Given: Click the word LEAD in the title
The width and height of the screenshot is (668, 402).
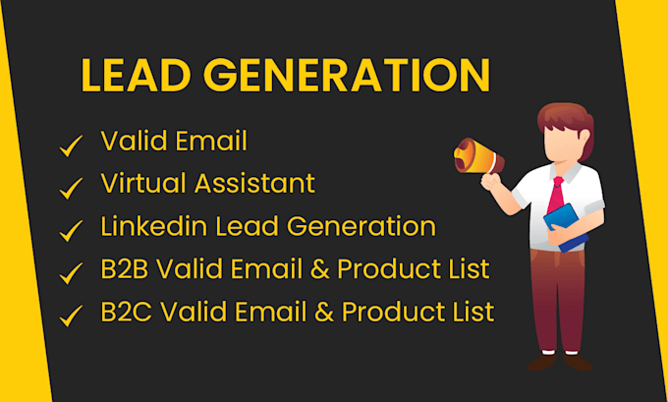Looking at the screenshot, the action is (x=136, y=75).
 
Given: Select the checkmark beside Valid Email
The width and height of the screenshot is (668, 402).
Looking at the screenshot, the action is (x=71, y=145).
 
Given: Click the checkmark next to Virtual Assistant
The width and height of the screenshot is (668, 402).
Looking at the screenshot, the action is (x=71, y=188).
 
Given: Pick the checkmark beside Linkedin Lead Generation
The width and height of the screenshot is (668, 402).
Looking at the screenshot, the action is (x=71, y=231).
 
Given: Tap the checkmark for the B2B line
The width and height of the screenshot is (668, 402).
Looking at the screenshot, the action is (x=71, y=273).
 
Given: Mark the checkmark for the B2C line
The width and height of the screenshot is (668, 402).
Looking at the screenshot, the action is (x=71, y=316).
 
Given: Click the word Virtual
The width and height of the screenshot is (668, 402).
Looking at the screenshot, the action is (x=143, y=184).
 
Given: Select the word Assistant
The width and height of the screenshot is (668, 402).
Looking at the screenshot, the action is (x=255, y=184).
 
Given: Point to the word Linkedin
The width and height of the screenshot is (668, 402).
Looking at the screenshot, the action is (x=154, y=226).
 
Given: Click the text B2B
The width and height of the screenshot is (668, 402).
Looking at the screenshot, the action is (x=124, y=268).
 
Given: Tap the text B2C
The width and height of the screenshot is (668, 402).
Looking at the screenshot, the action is (x=126, y=312).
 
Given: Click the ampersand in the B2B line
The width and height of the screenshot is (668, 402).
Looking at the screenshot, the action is (x=319, y=269).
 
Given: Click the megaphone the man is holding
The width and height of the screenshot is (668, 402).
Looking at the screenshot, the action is (x=478, y=156).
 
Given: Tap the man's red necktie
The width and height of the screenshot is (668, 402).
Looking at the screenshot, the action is (x=556, y=196).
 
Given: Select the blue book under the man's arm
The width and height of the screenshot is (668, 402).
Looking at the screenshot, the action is (x=566, y=227).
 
